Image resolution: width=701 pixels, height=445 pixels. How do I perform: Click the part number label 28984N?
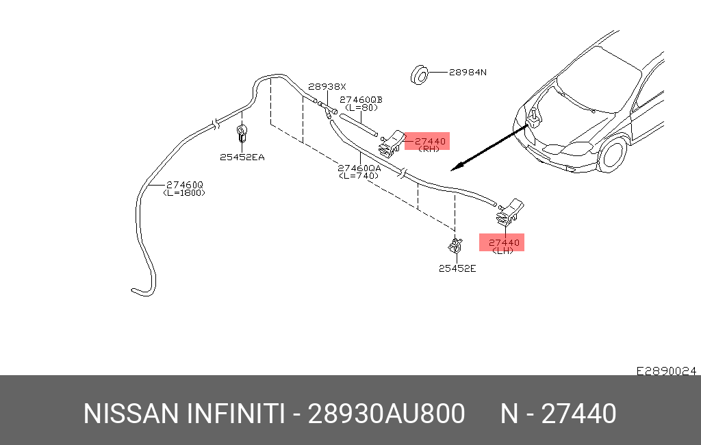pyautogui.click(x=468, y=72)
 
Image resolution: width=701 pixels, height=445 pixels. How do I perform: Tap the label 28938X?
pyautogui.click(x=327, y=87)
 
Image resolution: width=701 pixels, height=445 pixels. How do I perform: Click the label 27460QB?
pyautogui.click(x=361, y=99)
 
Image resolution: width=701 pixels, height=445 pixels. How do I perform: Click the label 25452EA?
pyautogui.click(x=242, y=157)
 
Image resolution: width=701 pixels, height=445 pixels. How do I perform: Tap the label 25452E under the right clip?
pyautogui.click(x=457, y=268)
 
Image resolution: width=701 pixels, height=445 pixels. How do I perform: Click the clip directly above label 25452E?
pyautogui.click(x=454, y=244)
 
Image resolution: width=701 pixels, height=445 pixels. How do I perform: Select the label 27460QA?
pyautogui.click(x=359, y=168)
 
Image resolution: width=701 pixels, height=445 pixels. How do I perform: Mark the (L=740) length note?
pyautogui.click(x=359, y=175)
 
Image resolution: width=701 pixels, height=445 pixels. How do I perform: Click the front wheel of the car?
pyautogui.click(x=613, y=155)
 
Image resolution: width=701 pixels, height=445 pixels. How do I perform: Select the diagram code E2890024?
pyautogui.click(x=666, y=370)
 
